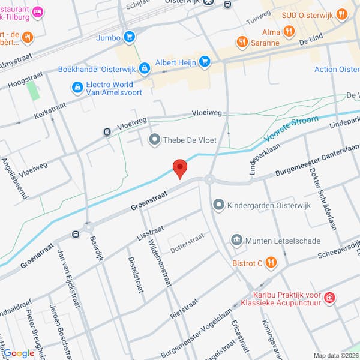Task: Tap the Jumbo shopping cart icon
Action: click(x=128, y=37)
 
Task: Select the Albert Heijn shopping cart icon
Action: click(x=205, y=61)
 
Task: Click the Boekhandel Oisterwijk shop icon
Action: click(x=144, y=69)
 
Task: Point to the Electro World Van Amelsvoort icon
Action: click(x=77, y=89)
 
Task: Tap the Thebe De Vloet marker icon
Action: click(x=155, y=140)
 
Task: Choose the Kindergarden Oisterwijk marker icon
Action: click(x=218, y=205)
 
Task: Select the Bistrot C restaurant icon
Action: click(x=271, y=262)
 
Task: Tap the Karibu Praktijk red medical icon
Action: click(x=329, y=297)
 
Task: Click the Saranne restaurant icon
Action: click(x=242, y=42)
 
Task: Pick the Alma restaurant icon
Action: click(x=289, y=31)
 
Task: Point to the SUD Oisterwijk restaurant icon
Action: click(x=342, y=13)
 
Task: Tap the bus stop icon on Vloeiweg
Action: click(x=107, y=131)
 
